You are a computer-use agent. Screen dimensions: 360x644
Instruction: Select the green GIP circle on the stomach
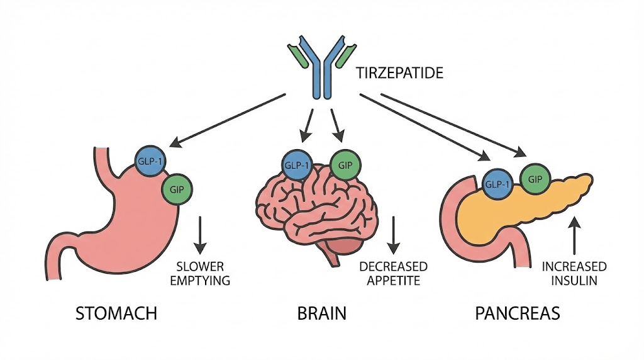point(177,188)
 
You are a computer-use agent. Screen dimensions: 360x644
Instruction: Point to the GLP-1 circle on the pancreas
point(497,184)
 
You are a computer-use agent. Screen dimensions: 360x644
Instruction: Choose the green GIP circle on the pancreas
point(535,179)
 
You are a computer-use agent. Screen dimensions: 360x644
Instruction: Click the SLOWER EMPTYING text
point(200,273)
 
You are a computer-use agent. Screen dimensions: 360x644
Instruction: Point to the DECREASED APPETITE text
point(393,273)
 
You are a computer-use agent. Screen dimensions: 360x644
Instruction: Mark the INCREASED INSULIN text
point(574,273)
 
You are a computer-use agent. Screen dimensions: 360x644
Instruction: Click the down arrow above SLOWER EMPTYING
point(200,233)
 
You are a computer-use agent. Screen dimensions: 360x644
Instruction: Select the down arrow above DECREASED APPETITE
point(394,233)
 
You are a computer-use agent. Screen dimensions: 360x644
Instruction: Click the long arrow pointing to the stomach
point(230,120)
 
